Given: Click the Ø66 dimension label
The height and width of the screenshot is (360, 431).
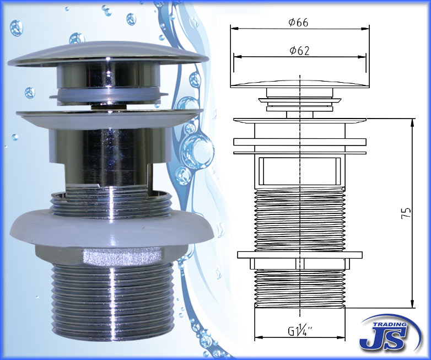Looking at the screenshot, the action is [x=299, y=22].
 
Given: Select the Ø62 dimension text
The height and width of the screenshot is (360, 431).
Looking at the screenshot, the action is [x=299, y=51].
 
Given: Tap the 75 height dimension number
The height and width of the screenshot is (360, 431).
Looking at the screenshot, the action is [x=406, y=213].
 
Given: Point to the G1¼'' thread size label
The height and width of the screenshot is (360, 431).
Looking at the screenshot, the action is [x=300, y=330].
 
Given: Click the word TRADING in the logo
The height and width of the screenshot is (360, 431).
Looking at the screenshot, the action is [x=389, y=324].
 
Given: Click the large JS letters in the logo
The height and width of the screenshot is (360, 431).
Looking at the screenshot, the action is [x=382, y=338].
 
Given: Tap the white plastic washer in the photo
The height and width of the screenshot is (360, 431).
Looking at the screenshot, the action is [x=112, y=228].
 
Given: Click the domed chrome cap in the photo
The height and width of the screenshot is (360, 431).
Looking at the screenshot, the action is [x=108, y=54].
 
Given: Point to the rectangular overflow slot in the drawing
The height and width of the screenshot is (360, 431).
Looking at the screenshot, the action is [x=300, y=171].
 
